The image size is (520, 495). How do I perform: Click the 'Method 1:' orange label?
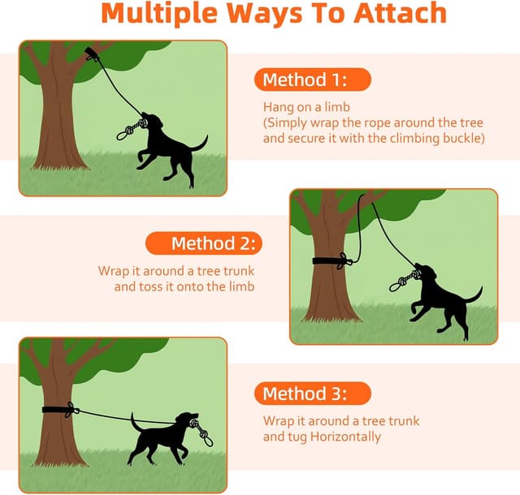[313, 80]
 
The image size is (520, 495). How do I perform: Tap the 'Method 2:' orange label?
[204, 243]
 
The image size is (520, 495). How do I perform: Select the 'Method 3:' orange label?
[313, 394]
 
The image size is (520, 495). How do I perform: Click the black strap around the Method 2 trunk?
[330, 260]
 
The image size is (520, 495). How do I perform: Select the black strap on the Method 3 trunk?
[58, 409]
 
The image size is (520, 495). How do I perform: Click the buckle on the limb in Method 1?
[91, 55]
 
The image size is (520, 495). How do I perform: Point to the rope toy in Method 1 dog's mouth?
[129, 131]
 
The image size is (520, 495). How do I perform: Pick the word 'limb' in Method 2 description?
[240, 286]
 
